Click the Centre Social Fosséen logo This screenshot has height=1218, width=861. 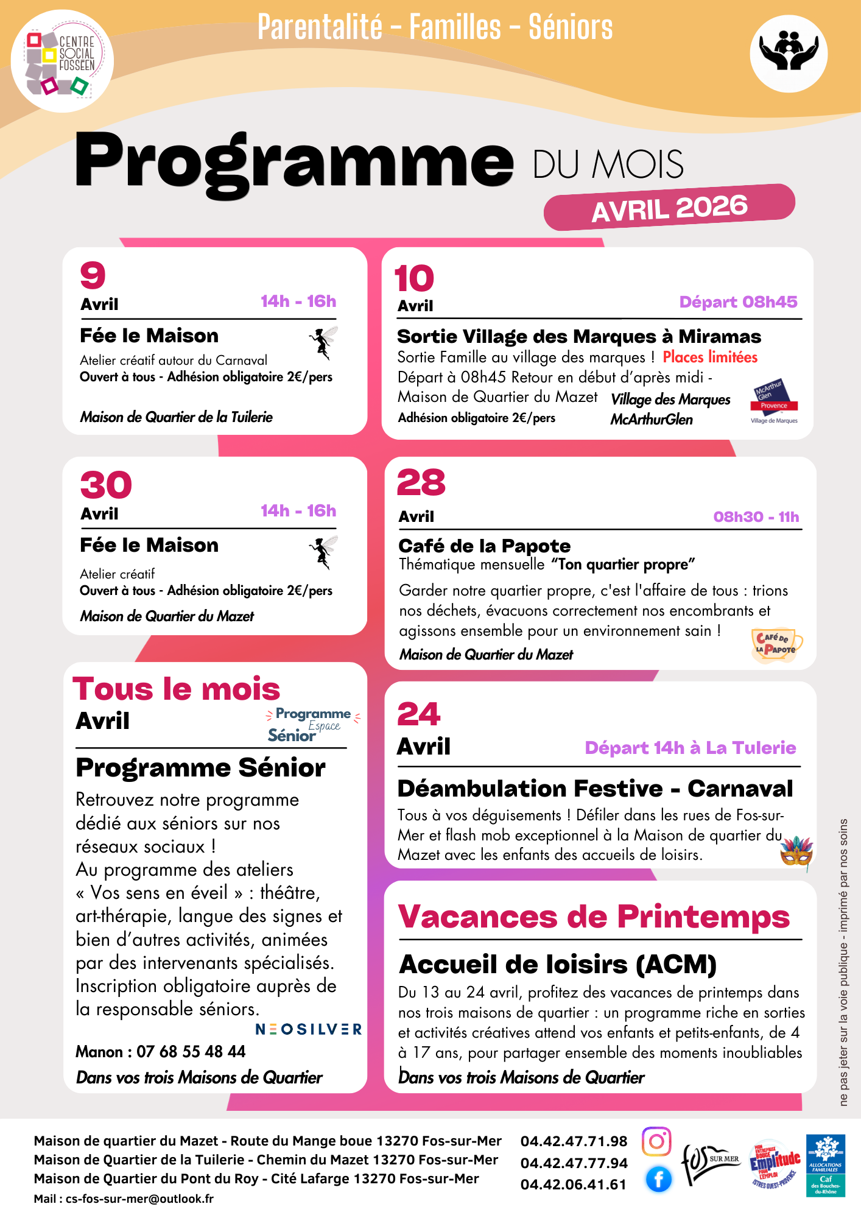(62, 61)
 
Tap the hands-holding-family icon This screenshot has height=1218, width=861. (788, 54)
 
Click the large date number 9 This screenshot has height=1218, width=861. (93, 275)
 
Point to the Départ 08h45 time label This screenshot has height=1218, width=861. (738, 302)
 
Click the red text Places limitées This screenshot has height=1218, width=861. (710, 357)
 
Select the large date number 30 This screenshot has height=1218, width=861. (106, 485)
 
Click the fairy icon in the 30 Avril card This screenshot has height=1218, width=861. (323, 552)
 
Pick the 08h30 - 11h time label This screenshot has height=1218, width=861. (756, 517)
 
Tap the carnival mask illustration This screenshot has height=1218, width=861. (797, 853)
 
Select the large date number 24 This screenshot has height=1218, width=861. (418, 714)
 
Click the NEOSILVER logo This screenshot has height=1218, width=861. (308, 1029)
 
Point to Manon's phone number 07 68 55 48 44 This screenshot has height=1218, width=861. (191, 1052)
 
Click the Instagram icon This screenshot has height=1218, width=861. (656, 1141)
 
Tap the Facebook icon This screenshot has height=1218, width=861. (658, 1180)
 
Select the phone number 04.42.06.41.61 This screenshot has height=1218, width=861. (573, 1185)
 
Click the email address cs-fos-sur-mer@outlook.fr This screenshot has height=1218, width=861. (139, 1199)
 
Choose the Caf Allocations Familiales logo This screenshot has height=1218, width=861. (825, 1165)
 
